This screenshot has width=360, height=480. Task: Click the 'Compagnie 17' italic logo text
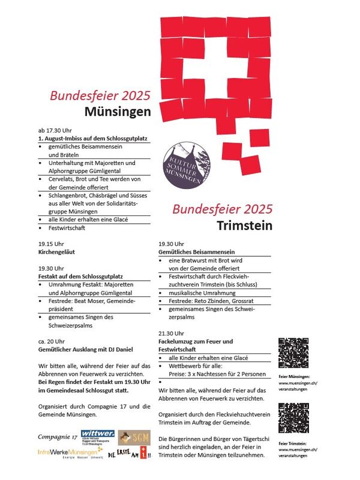click(x=58, y=437)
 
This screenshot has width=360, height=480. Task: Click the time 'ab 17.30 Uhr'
click(x=55, y=130)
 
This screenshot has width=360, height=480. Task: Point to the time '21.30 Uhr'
click(x=172, y=333)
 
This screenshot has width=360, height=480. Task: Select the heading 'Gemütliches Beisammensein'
click(x=196, y=253)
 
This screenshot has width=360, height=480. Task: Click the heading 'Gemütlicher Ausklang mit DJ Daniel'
click(x=85, y=349)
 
